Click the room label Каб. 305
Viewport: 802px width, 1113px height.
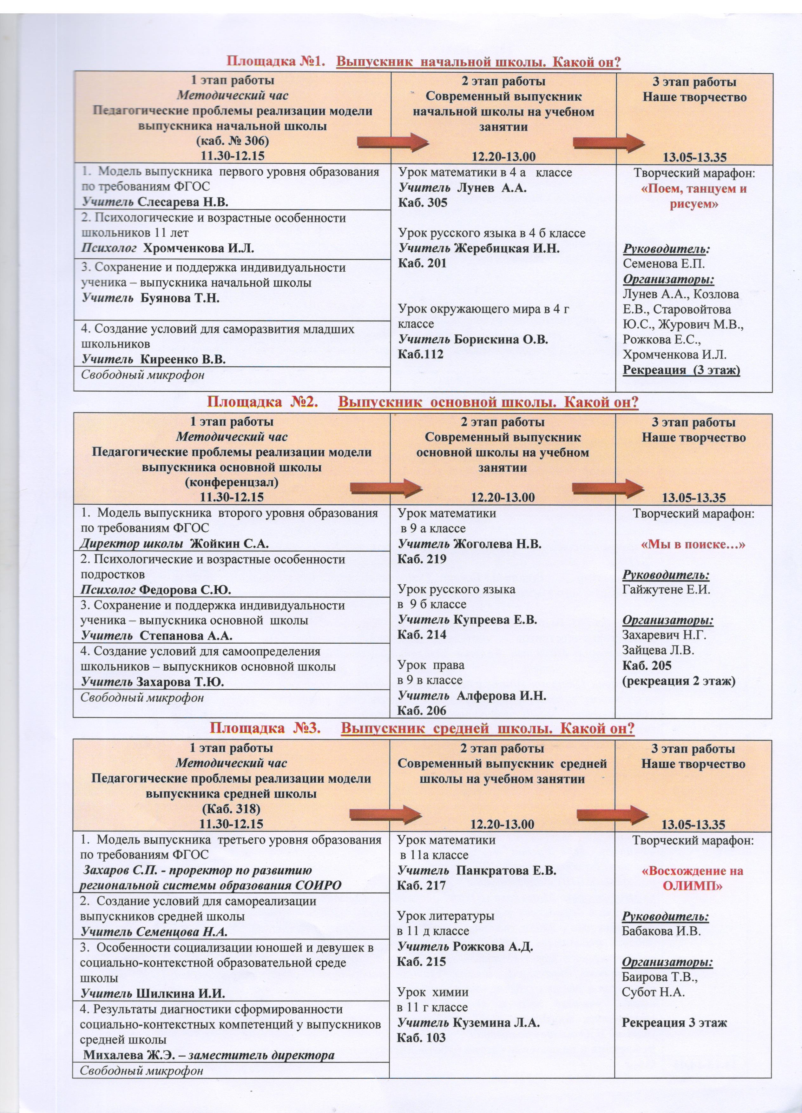[x=422, y=203]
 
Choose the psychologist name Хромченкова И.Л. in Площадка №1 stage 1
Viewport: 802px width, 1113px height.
[x=198, y=248]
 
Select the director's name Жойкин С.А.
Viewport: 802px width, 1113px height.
[x=229, y=544]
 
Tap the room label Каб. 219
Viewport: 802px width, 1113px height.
[x=422, y=559]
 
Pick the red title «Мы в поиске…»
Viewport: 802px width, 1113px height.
[x=694, y=544]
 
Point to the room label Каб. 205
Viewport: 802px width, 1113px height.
[x=647, y=666]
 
